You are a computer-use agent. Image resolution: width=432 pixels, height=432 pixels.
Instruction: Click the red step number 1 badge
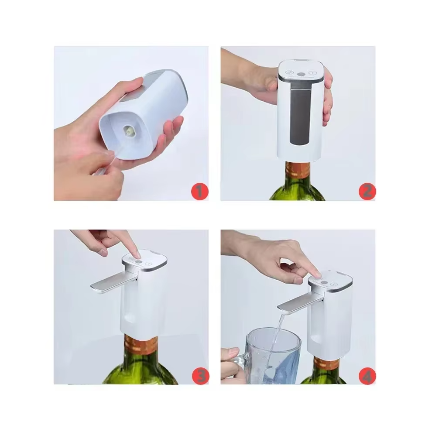click(200, 192)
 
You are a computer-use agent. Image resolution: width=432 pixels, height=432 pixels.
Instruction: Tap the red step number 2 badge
click(367, 192)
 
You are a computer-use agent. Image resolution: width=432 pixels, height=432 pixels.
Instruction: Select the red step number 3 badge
click(200, 376)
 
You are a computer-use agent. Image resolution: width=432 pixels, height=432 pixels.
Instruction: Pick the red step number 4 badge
click(367, 376)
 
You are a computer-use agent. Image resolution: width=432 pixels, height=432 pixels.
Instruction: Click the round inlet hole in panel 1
click(129, 130)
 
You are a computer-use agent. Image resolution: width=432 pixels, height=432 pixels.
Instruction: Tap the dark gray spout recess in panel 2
click(300, 114)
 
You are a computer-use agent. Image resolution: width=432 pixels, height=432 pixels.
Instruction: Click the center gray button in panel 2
click(301, 74)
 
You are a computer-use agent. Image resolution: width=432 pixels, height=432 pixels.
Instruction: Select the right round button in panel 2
click(312, 73)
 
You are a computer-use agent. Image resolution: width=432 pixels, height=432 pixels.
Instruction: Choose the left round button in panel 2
click(289, 72)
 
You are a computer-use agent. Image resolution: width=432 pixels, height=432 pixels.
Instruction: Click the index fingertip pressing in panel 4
click(317, 274)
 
